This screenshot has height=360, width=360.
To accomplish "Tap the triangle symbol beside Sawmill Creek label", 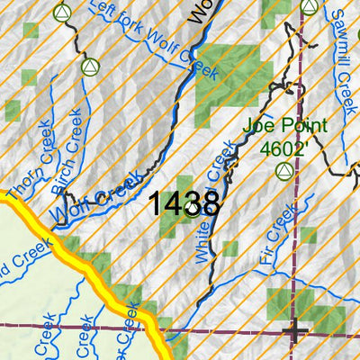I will tap(309, 7).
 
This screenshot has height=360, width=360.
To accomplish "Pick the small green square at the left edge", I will tap(13, 110).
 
